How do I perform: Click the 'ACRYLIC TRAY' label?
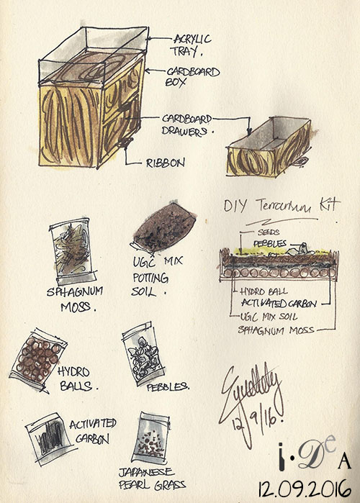tap(189, 45)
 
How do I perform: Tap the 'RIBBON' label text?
tap(165, 163)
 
